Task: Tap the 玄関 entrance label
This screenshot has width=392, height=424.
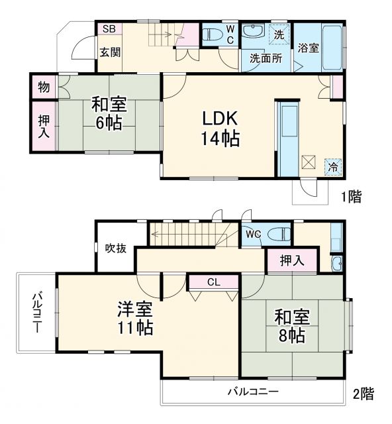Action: tap(110, 52)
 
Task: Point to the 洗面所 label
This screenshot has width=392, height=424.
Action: tap(266, 58)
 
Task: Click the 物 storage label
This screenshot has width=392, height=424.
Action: tap(43, 86)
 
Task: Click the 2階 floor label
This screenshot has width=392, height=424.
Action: tap(362, 394)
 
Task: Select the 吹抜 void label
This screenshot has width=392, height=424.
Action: tap(116, 248)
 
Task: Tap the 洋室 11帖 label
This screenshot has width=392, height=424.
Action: tap(136, 318)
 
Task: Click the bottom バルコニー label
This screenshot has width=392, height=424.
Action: tap(254, 392)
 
